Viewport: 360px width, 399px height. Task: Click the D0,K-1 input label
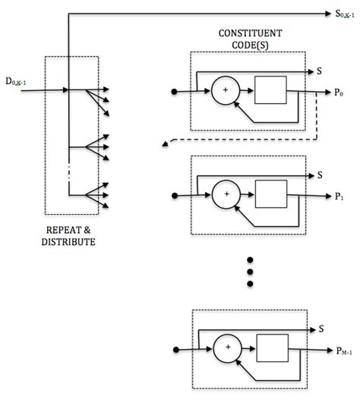coord(19,80)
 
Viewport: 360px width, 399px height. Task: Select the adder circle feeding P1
coord(226,195)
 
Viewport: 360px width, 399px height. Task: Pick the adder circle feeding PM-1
coord(226,350)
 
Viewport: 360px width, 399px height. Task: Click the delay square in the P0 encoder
coord(270,91)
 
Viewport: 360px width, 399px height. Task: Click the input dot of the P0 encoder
coord(175,92)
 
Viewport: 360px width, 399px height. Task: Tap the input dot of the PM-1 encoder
coord(175,350)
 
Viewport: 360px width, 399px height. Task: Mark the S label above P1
coord(321,174)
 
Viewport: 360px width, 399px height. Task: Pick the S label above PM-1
coord(321,328)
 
